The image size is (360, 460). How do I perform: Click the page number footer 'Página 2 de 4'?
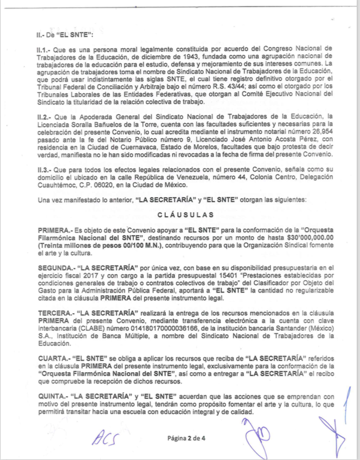point(187,438)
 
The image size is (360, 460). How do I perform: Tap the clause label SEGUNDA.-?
point(55,268)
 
